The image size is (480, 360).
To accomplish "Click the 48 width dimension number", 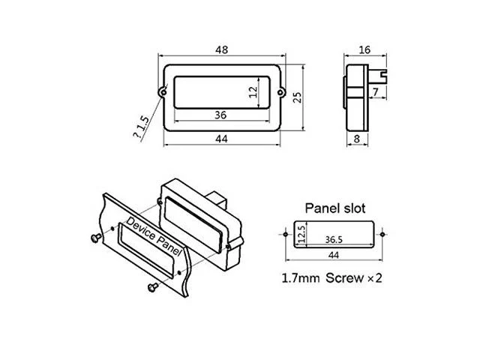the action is tap(222, 50).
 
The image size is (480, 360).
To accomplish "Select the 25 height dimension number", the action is tap(297, 97).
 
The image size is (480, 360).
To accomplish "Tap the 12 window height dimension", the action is tap(253, 91).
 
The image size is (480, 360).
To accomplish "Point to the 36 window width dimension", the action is tap(220, 115).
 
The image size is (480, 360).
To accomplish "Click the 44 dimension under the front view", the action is tap(222, 139).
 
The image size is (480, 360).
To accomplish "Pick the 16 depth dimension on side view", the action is tap(364, 49).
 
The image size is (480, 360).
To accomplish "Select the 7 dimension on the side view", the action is tap(376, 91).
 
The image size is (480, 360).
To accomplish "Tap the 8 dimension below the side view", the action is tap(357, 139).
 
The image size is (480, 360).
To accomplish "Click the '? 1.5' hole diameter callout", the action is tap(141, 127).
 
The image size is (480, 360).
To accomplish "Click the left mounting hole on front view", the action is tap(163, 91).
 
